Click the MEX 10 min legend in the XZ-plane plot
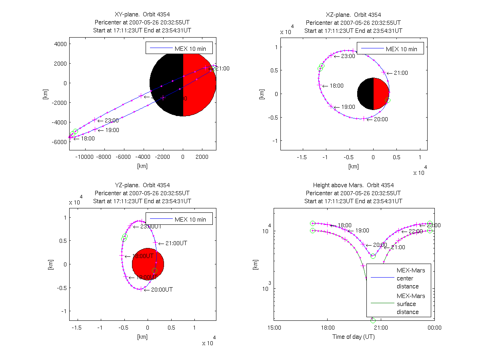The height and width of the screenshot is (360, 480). pyautogui.click(x=390, y=49)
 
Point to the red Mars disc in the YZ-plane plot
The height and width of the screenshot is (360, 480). pyautogui.click(x=148, y=264)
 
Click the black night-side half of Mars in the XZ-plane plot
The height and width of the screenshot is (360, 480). pyautogui.click(x=365, y=94)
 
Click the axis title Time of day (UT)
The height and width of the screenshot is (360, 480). pyautogui.click(x=354, y=337)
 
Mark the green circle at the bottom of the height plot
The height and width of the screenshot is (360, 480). pyautogui.click(x=373, y=320)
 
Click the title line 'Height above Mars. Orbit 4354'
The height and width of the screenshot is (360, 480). pyautogui.click(x=354, y=185)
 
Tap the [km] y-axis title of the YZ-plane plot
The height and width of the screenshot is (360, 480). pyautogui.click(x=50, y=264)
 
